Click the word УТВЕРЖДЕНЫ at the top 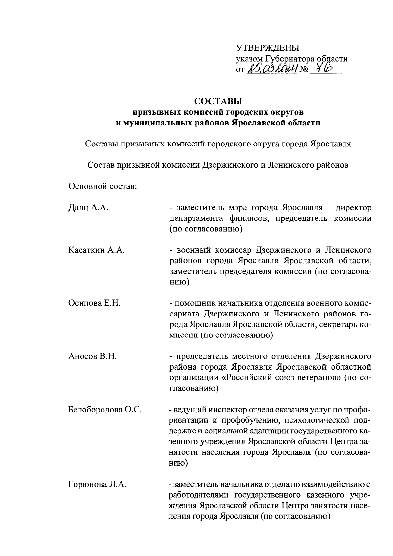268,48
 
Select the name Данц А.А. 88,207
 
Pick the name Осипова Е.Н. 94,303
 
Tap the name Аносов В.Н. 92,356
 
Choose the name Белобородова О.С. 105,409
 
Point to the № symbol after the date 303,70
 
